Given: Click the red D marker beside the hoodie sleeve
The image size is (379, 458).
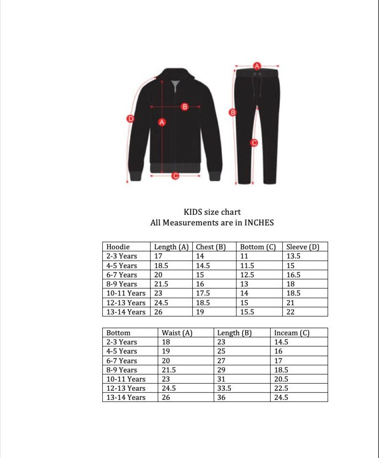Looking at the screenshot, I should (x=130, y=119).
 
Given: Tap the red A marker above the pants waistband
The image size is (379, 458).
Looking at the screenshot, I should (x=257, y=66).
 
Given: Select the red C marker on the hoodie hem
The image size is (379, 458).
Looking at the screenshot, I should (x=175, y=176).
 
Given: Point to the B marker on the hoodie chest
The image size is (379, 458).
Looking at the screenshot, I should (x=185, y=106).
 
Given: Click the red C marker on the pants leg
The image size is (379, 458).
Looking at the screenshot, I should (x=254, y=143).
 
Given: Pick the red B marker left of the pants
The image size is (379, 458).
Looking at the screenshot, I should (x=232, y=112).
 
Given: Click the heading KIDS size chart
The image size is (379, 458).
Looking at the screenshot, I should (x=212, y=212).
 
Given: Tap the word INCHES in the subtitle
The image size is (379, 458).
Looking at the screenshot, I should (x=259, y=222).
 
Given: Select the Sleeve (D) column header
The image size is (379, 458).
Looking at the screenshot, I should (x=303, y=247).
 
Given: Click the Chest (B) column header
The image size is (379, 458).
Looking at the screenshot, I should (x=211, y=247).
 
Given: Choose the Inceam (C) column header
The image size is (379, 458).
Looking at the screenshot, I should (x=291, y=333).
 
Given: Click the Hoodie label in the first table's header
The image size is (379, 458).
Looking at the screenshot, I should (x=118, y=247).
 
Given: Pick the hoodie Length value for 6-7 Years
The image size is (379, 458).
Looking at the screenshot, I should (x=158, y=275).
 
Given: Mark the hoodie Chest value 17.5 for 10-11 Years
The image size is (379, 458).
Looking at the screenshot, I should (x=203, y=293).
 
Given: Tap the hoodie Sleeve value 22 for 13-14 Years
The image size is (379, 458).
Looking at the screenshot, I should (x=290, y=312).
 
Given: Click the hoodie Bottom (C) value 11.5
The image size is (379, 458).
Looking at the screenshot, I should (x=248, y=266).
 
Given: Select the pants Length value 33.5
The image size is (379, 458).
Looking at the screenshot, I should (x=224, y=388).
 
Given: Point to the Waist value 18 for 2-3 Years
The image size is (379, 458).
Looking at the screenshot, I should (x=166, y=342).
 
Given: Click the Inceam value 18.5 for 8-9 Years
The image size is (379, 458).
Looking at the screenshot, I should (x=281, y=370).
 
